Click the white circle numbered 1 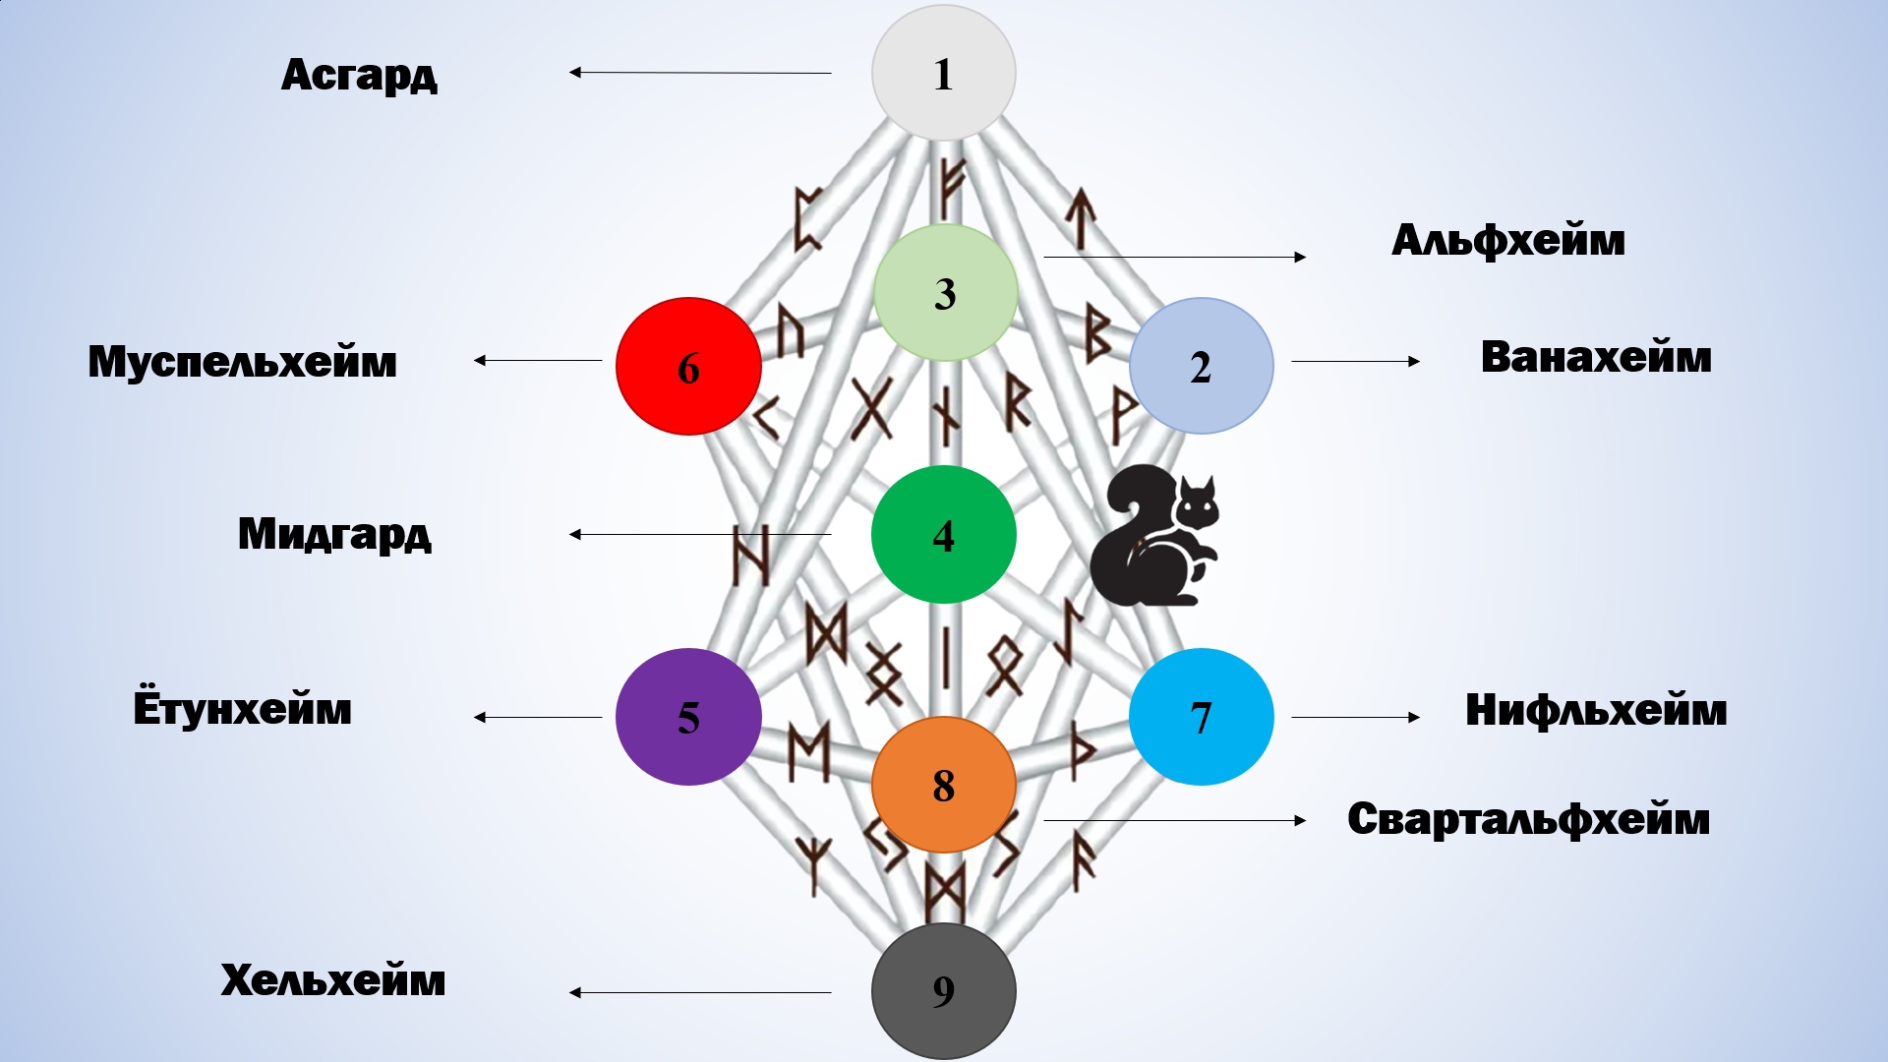point(943,73)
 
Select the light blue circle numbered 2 point(1201,366)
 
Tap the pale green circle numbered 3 point(945,292)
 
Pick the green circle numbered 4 point(943,534)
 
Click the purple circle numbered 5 point(688,717)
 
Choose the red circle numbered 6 point(688,366)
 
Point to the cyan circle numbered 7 point(1201,717)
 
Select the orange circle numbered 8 point(943,785)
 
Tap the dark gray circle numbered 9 point(943,990)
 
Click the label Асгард point(359,75)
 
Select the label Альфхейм point(1507,240)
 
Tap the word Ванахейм point(1595,357)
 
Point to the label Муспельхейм point(242,361)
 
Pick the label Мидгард point(334,534)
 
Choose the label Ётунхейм point(242,708)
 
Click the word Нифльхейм point(1595,710)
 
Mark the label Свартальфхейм point(1528,819)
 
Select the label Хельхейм point(332,980)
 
